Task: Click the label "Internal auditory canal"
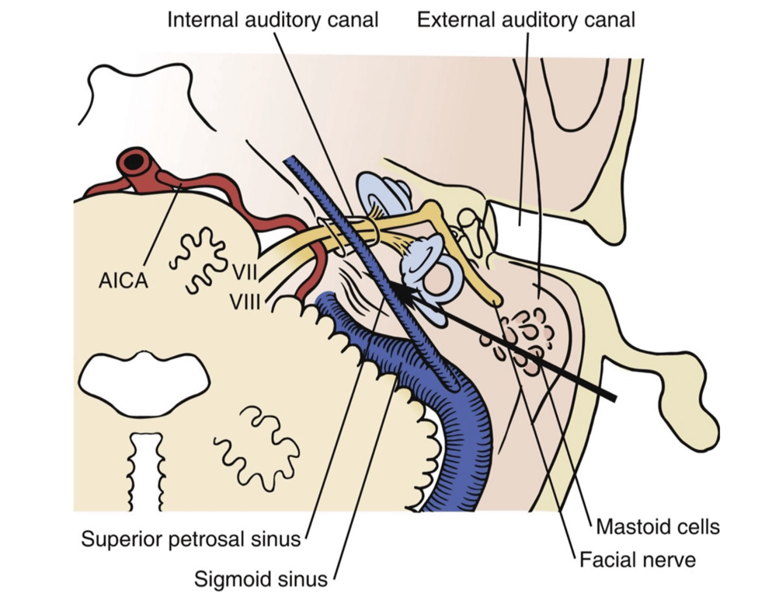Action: [x=273, y=19]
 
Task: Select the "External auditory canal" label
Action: [x=526, y=19]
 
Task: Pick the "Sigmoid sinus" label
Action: [x=262, y=578]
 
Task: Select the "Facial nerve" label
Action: [x=636, y=559]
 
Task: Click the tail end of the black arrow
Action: [x=614, y=398]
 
